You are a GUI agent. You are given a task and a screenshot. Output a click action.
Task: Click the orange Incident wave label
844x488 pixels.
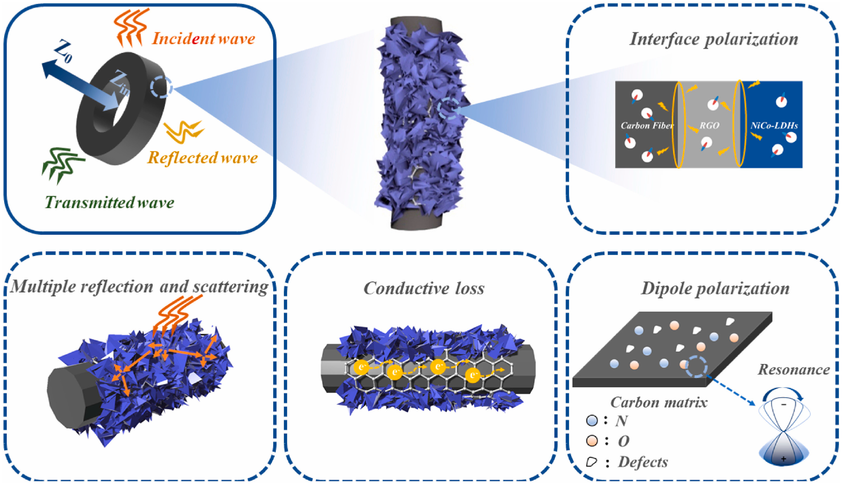203,38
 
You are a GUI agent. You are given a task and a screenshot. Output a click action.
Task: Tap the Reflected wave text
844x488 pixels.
203,158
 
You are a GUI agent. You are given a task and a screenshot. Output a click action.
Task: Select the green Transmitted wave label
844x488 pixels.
109,202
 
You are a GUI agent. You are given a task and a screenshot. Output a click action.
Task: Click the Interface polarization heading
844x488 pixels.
713,39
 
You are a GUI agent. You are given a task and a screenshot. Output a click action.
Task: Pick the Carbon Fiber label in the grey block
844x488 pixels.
646,125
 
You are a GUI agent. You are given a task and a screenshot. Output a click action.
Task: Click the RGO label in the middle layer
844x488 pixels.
709,125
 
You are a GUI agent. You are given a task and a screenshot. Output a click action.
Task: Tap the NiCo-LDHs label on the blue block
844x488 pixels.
774,125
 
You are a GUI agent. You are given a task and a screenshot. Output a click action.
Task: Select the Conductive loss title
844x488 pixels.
424,288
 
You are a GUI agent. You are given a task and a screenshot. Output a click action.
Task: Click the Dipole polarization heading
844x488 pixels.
715,288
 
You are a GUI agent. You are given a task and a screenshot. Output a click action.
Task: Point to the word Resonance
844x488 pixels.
794,370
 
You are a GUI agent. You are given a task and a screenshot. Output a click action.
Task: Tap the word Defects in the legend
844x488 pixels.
643,462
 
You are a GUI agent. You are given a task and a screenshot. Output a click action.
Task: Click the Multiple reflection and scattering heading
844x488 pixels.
139,287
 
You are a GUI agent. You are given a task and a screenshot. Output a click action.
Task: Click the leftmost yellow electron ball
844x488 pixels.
361,367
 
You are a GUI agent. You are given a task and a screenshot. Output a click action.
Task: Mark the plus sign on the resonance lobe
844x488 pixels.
783,459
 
